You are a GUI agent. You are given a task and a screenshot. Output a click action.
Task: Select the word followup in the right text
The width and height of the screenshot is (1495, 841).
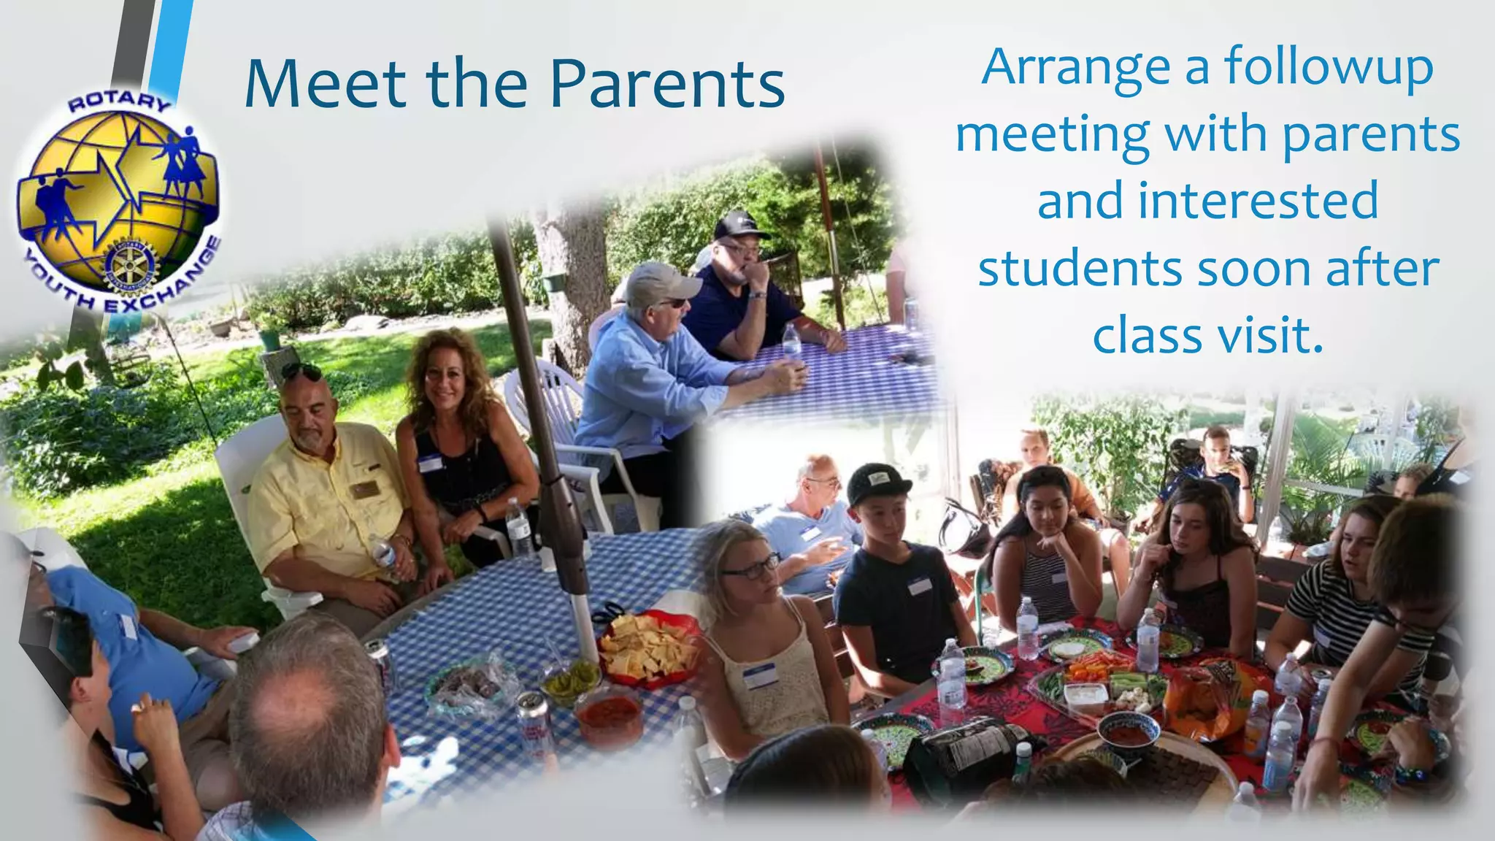1329,67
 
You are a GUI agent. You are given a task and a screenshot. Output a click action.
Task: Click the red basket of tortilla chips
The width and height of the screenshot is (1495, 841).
646,648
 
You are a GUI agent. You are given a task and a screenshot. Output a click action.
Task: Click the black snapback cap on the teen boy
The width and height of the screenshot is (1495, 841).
878,481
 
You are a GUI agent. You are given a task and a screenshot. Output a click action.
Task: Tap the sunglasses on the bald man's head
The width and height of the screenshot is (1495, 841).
300,371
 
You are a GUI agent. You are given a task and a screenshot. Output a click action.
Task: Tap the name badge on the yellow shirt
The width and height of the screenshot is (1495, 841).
363,489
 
